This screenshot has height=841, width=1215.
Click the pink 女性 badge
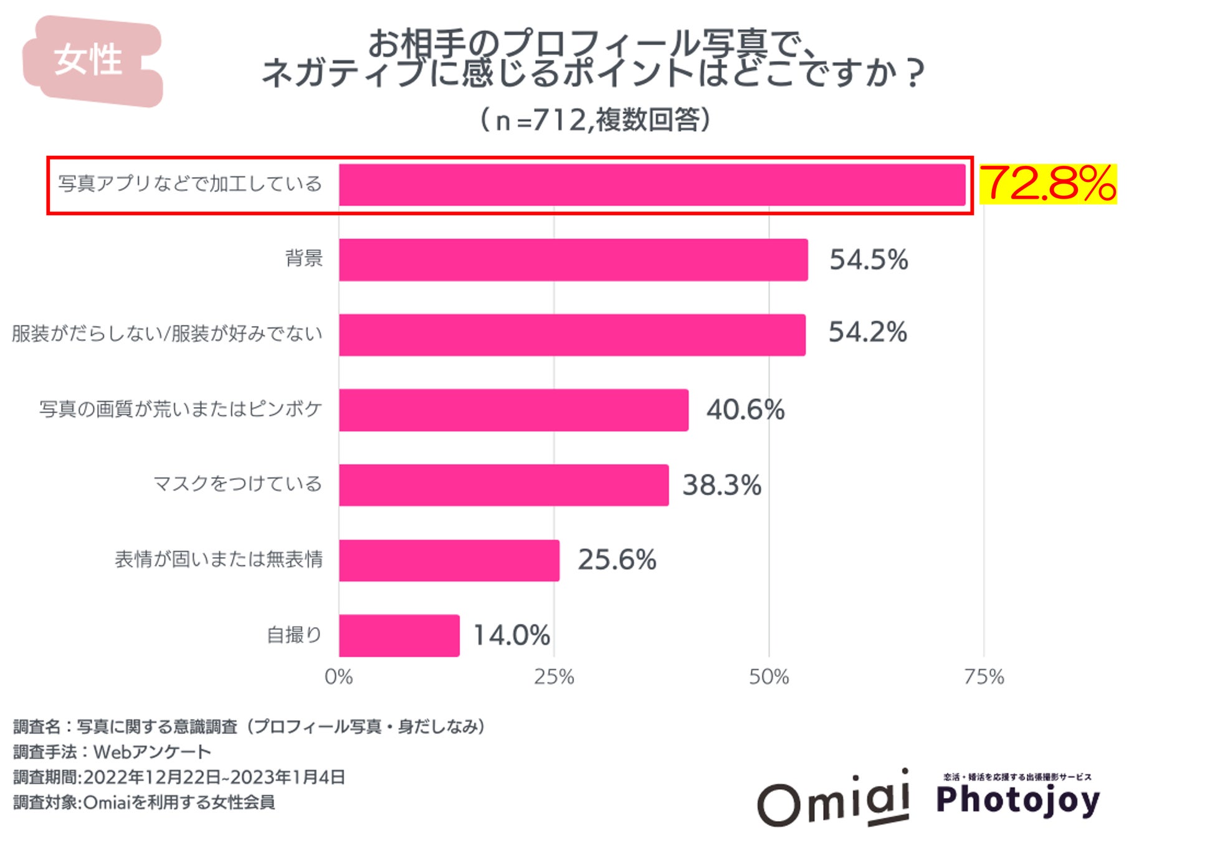(90, 60)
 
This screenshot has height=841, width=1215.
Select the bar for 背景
(573, 260)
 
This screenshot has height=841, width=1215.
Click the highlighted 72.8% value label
(1048, 184)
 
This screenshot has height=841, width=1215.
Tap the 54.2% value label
(867, 332)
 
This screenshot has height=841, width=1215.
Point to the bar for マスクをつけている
(503, 485)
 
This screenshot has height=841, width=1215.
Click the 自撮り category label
(294, 635)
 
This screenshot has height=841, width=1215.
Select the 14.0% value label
(512, 635)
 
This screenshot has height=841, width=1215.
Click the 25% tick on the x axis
(554, 677)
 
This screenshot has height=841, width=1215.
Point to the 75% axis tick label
(984, 677)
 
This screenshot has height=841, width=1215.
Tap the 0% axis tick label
(339, 677)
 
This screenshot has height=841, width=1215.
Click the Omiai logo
(834, 800)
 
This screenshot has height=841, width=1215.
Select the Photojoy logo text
(1018, 800)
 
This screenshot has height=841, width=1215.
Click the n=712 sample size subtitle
(596, 120)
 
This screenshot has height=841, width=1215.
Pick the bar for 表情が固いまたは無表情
(449, 560)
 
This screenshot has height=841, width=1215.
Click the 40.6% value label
(745, 410)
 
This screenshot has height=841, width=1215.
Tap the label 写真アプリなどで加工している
(190, 184)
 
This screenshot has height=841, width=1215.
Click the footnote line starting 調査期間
(179, 777)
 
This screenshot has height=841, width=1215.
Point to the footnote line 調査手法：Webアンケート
(112, 752)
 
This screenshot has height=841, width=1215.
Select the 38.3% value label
(722, 485)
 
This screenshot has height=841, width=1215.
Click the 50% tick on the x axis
(769, 677)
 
